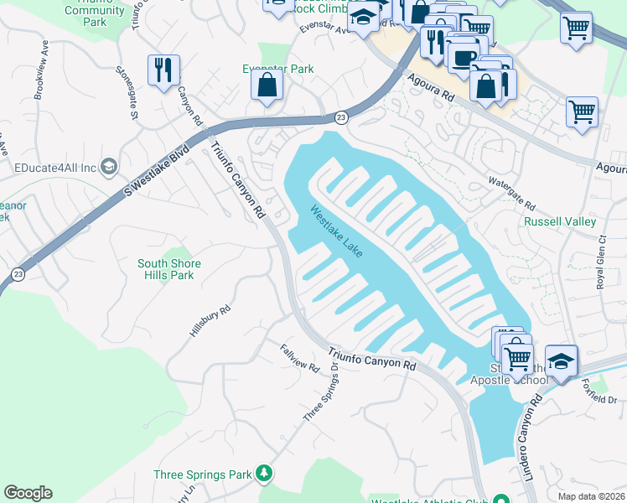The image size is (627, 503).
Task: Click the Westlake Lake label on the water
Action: pyautogui.click(x=336, y=232)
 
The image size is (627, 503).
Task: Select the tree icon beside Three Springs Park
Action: pyautogui.click(x=265, y=474)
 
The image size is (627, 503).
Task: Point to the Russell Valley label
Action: pyautogui.click(x=560, y=222)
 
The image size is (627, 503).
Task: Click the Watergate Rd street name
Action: pyautogui.click(x=512, y=193)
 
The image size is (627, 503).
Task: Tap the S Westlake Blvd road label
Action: pyautogui.click(x=158, y=174)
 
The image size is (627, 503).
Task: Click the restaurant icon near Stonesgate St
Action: pyautogui.click(x=163, y=69)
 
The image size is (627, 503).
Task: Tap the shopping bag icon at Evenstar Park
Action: pyautogui.click(x=267, y=86)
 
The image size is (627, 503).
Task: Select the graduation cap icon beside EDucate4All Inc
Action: pyautogui.click(x=108, y=167)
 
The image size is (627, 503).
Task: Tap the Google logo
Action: pyautogui.click(x=28, y=493)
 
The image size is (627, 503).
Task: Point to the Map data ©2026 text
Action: pyautogui.click(x=590, y=496)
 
